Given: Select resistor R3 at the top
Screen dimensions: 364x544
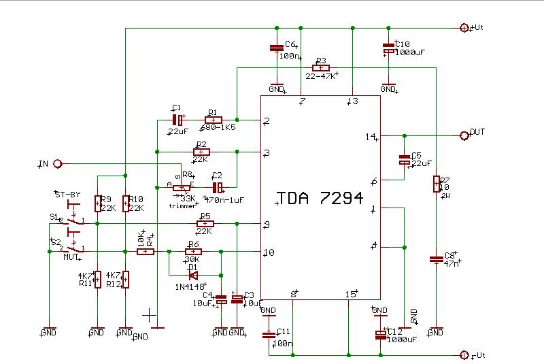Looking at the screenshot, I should point(321,68).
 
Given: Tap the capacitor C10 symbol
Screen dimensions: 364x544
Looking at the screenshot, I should point(388,50).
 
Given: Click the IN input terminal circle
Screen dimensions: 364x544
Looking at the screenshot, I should point(58,164).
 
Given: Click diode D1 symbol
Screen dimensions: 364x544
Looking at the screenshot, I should point(193,275).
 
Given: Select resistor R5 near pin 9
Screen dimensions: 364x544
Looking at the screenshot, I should point(205,223).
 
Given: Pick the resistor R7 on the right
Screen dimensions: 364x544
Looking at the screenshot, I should point(436,184).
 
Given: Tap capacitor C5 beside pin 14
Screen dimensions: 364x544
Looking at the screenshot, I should point(405,161).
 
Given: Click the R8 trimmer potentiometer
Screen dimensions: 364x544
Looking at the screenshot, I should point(182,188).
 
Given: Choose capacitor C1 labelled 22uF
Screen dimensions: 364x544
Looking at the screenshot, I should point(177,120).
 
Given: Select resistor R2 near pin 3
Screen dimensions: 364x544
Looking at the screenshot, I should point(202,152).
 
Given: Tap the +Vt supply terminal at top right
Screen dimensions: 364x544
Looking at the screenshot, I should point(464,28).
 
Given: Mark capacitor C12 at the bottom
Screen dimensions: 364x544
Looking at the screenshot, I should point(381,334).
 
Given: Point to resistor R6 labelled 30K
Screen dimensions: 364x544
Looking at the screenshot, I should point(192,252).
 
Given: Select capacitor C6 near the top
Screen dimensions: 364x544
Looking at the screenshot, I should point(276,48).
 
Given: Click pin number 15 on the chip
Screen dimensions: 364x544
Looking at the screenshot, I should point(351,295).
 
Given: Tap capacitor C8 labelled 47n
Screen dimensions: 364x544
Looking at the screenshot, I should point(436,259).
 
